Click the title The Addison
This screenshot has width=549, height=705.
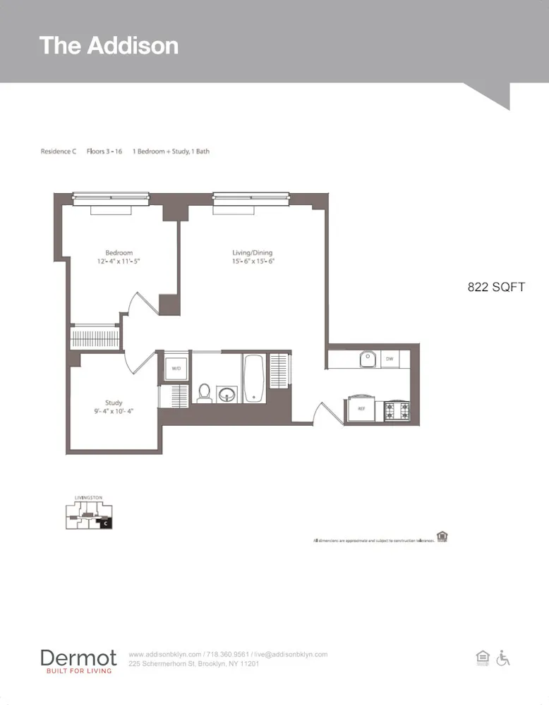(109, 45)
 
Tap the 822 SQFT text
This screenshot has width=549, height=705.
(496, 287)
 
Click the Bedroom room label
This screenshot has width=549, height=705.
(119, 253)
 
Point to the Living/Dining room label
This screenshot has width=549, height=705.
(252, 253)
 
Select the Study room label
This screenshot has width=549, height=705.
(114, 403)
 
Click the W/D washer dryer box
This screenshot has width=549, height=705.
(174, 367)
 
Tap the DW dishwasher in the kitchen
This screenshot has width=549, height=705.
(389, 360)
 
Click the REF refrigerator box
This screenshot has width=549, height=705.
(361, 409)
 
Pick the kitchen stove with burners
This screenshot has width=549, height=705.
(397, 410)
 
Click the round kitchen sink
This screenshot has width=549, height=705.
(368, 360)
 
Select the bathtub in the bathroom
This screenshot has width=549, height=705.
(254, 378)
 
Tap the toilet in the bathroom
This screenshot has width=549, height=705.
(205, 392)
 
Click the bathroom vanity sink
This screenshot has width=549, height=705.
(227, 393)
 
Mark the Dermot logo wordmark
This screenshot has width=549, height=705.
(78, 658)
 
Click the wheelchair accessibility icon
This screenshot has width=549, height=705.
(503, 658)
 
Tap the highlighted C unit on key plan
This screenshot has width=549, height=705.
(105, 523)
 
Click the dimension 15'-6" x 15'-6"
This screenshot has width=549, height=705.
(252, 262)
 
